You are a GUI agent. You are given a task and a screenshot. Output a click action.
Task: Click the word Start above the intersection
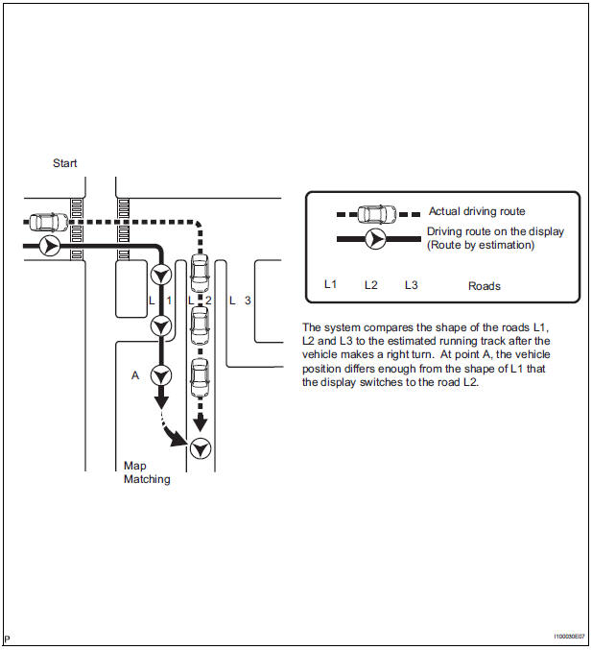pyautogui.click(x=65, y=163)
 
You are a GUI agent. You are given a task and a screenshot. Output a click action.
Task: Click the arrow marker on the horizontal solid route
pyautogui.click(x=51, y=247)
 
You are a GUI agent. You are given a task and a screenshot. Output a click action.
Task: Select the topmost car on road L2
pyautogui.click(x=200, y=274)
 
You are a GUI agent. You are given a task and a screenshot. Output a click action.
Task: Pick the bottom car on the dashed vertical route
pyautogui.click(x=200, y=377)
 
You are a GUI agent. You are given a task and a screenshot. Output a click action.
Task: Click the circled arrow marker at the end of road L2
pyautogui.click(x=200, y=448)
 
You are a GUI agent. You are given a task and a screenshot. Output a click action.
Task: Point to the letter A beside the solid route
pyautogui.click(x=135, y=375)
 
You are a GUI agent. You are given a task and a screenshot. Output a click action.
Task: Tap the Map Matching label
pyautogui.click(x=147, y=472)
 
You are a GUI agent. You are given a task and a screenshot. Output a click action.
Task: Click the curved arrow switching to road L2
pyautogui.click(x=175, y=437)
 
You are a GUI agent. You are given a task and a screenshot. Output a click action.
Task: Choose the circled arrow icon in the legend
pyautogui.click(x=376, y=238)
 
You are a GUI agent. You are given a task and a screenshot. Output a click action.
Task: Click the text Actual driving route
pyautogui.click(x=477, y=211)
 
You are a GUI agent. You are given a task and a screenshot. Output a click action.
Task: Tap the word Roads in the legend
pyautogui.click(x=484, y=286)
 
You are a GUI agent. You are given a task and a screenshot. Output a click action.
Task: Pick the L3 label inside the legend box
pyautogui.click(x=411, y=285)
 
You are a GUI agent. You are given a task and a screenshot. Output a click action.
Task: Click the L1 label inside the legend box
pyautogui.click(x=330, y=285)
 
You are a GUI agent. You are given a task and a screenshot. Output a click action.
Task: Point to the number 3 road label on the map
pyautogui.click(x=248, y=301)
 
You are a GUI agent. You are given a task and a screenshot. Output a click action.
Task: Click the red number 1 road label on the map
pyautogui.click(x=169, y=301)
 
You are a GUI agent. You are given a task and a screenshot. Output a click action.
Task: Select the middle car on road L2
pyautogui.click(x=200, y=325)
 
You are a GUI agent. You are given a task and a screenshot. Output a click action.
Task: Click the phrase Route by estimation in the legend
pyautogui.click(x=480, y=245)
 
